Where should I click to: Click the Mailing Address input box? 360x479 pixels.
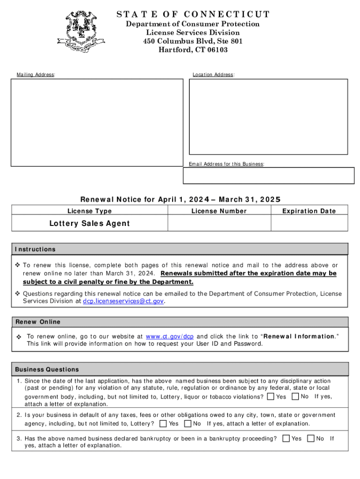pyautogui.click(x=97, y=122)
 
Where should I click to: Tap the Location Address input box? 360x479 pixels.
pyautogui.click(x=268, y=116)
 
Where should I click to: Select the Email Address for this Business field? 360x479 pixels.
pyautogui.click(x=268, y=176)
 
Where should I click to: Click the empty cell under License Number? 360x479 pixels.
pyautogui.click(x=219, y=223)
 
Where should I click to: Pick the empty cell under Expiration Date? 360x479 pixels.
pyautogui.click(x=310, y=223)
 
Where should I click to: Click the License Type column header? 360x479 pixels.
pyautogui.click(x=90, y=211)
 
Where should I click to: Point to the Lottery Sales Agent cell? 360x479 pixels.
pyautogui.click(x=90, y=223)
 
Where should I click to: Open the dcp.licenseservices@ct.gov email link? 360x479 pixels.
pyautogui.click(x=123, y=302)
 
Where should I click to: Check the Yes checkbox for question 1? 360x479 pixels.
pyautogui.click(x=271, y=397)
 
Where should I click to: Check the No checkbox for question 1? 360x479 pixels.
pyautogui.click(x=295, y=397)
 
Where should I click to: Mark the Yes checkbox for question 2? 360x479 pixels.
pyautogui.click(x=163, y=424)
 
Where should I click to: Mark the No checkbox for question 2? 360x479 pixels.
pyautogui.click(x=187, y=424)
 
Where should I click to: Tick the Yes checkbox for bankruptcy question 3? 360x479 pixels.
pyautogui.click(x=286, y=439)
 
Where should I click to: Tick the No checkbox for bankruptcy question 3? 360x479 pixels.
pyautogui.click(x=310, y=439)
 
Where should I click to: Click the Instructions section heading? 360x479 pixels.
pyautogui.click(x=35, y=249)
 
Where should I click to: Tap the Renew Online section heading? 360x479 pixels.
pyautogui.click(x=38, y=322)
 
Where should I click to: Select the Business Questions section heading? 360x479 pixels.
pyautogui.click(x=47, y=370)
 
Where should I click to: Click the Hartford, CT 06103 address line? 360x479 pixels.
pyautogui.click(x=193, y=50)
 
